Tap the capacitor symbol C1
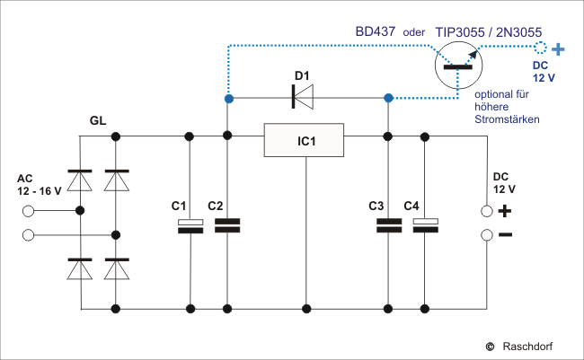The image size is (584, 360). click(190, 225)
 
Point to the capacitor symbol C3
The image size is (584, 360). click(388, 225)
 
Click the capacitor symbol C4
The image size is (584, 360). click(424, 225)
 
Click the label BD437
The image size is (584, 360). click(375, 31)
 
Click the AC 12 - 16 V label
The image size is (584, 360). click(40, 185)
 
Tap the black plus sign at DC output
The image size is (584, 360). click(505, 212)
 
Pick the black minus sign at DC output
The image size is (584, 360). click(505, 235)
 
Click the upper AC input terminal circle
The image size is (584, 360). click(28, 212)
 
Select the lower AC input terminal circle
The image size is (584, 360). click(28, 235)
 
